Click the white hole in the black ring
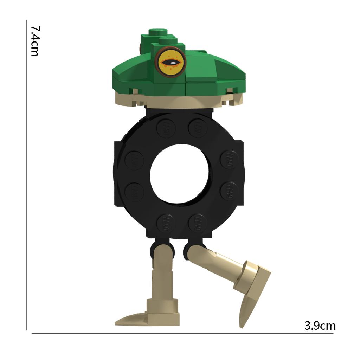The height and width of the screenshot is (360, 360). [179, 174]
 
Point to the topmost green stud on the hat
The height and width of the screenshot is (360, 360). [158, 32]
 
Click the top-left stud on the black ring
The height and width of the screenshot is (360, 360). [166, 128]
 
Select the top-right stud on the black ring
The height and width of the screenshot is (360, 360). [198, 128]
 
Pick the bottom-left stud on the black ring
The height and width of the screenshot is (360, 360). [166, 223]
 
